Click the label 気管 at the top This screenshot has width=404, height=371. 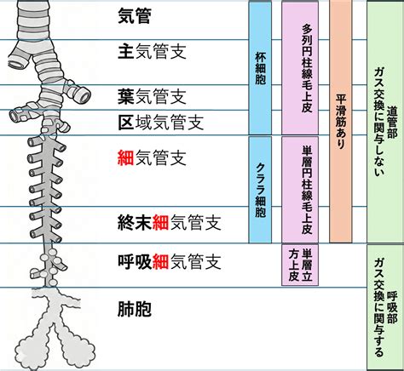point(134,15)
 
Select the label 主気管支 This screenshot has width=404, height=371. point(152,51)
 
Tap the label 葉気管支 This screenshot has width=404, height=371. point(152,96)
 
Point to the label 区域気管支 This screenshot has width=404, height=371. point(161,123)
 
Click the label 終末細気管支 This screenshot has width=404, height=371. point(170,222)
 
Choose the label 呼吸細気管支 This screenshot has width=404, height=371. point(170,261)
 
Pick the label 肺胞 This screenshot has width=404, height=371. point(134,309)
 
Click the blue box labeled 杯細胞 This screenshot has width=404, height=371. point(260,67)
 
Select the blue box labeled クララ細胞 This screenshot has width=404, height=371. point(260,190)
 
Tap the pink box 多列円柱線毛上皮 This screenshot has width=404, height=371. point(300,67)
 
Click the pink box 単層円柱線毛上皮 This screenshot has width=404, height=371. point(300,190)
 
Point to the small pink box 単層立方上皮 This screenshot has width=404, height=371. point(300,265)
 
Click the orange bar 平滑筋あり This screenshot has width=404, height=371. point(341,122)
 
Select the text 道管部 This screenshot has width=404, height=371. point(392,122)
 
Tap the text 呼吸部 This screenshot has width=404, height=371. point(392,307)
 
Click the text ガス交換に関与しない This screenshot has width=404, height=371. point(378,122)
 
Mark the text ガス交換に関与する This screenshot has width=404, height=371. point(378,307)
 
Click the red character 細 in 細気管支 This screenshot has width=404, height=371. point(125,157)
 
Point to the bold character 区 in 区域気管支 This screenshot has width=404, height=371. point(125,123)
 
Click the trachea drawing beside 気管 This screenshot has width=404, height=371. point(33,20)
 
